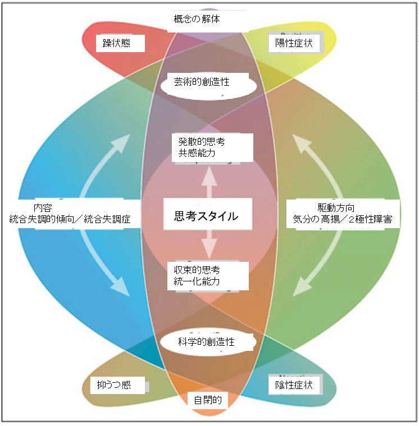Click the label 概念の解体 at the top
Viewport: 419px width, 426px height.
point(196,19)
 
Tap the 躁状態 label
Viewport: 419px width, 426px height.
point(116,43)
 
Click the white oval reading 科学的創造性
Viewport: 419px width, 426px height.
point(206,341)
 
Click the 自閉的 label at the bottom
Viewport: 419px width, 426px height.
point(208,400)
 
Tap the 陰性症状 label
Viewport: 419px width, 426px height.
point(293,385)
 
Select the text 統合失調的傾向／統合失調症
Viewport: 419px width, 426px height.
point(70,220)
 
